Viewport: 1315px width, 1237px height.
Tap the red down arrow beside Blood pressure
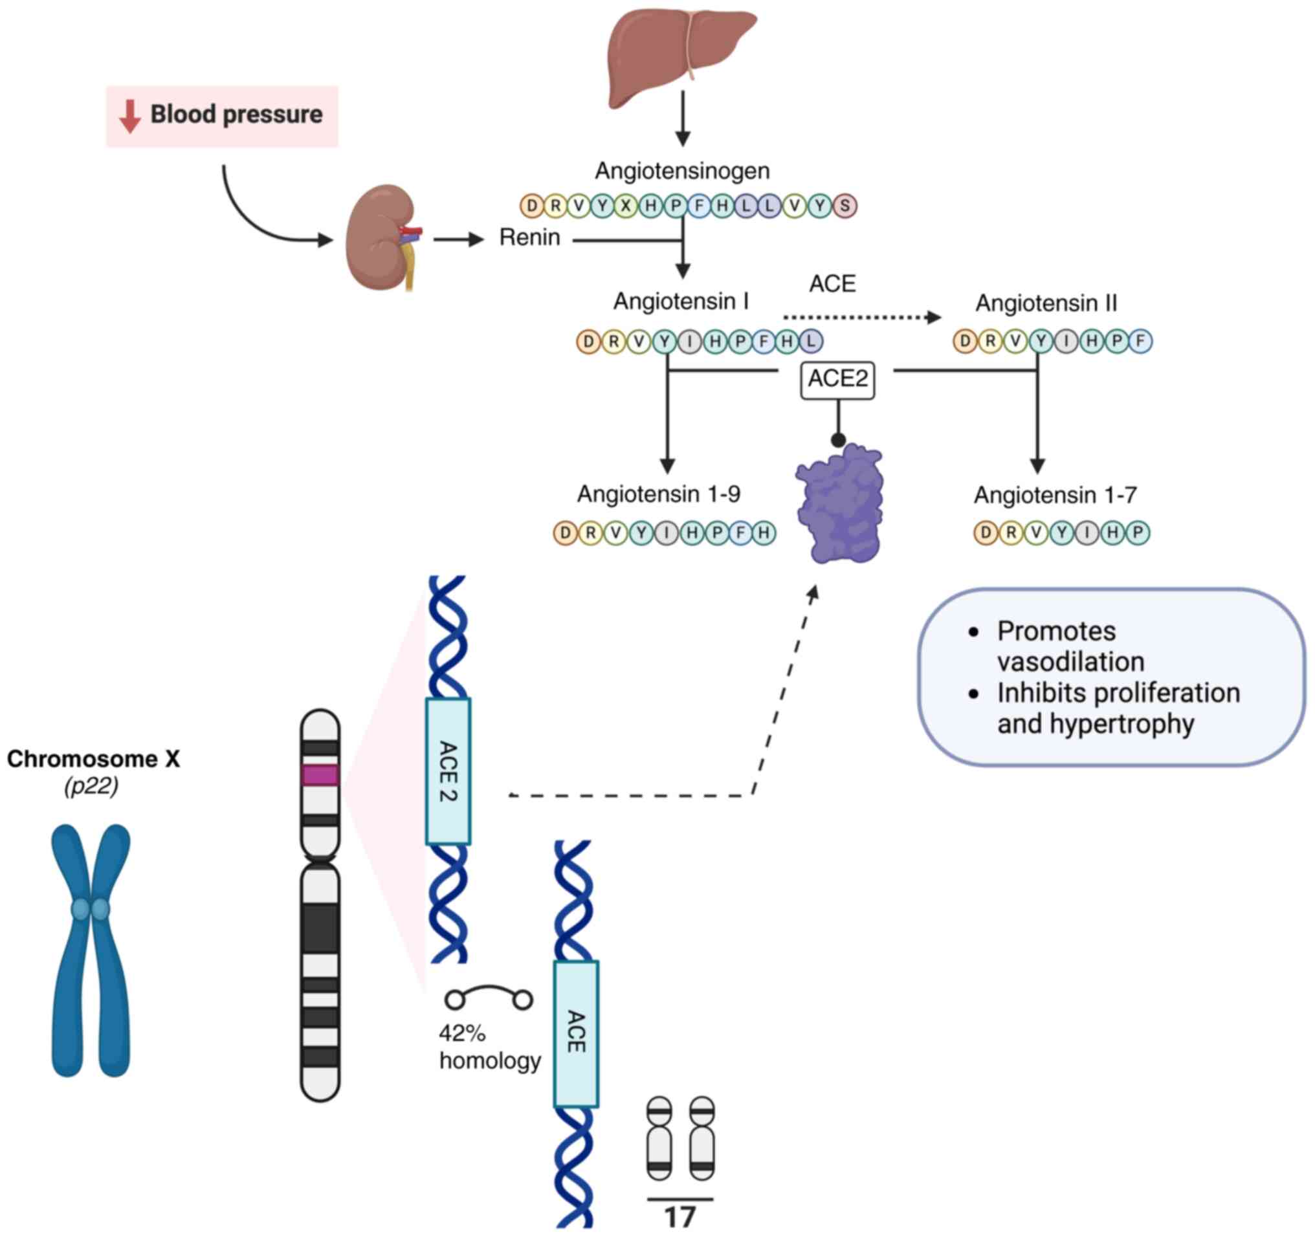[x=129, y=116]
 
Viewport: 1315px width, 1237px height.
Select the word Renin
[x=529, y=237]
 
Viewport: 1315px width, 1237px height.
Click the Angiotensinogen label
[x=682, y=171]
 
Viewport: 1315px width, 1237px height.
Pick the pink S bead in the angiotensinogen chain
[x=845, y=206]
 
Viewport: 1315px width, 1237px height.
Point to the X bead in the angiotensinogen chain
[x=625, y=206]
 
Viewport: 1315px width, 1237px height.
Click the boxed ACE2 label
[x=837, y=379]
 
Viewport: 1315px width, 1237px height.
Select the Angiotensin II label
[x=1046, y=303]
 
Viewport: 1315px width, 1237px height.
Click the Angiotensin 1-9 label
[x=658, y=494]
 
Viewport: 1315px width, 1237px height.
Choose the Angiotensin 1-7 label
[x=1054, y=495]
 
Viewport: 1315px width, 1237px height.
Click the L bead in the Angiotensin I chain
[x=811, y=341]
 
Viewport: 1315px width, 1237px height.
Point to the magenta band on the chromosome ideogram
[x=320, y=775]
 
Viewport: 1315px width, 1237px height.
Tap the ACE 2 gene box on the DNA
[x=448, y=771]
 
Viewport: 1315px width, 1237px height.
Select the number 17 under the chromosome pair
[x=680, y=1217]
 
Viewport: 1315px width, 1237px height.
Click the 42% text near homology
[x=461, y=1033]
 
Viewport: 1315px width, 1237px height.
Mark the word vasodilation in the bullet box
[x=1070, y=662]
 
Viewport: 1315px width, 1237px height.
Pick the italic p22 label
[x=91, y=786]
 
